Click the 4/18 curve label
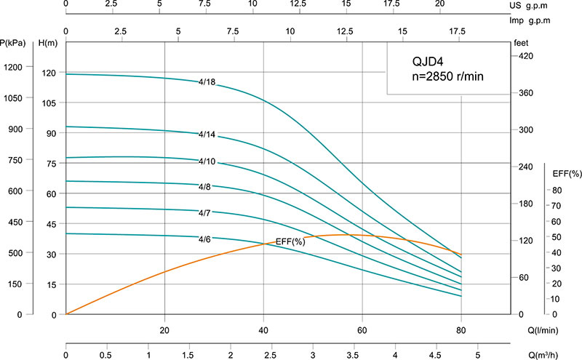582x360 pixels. [x=207, y=82]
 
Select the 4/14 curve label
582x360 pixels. [x=207, y=135]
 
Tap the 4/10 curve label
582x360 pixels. [x=207, y=161]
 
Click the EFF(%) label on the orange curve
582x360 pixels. [x=290, y=241]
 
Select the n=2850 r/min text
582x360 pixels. [x=444, y=76]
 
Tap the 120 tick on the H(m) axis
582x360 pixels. [x=49, y=73]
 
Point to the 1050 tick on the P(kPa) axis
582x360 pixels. [x=14, y=97]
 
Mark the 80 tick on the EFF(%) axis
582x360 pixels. [x=555, y=191]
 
